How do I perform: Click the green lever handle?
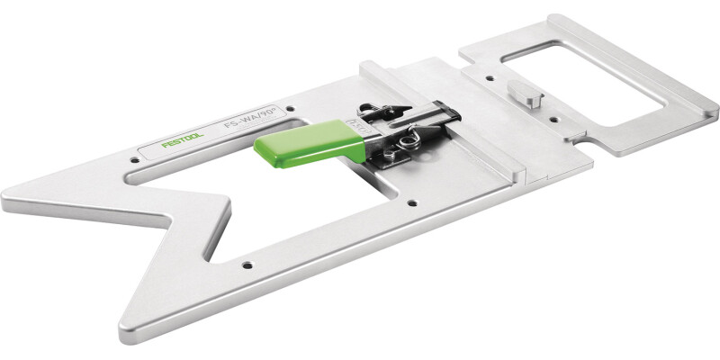click(310, 144)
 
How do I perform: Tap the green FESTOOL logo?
click(183, 141)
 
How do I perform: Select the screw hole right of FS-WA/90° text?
click(290, 109)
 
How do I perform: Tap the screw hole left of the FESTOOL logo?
click(134, 160)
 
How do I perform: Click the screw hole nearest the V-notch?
click(247, 265)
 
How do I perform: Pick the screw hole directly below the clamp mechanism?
click(412, 203)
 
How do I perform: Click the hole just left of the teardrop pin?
click(490, 78)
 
